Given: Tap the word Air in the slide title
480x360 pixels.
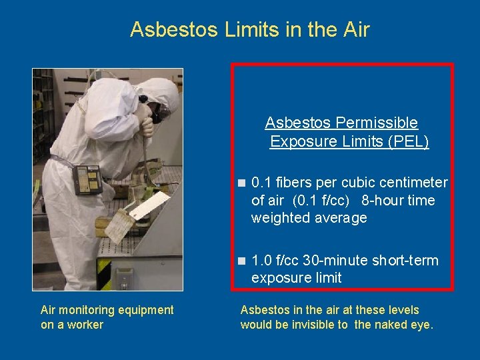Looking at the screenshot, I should (355, 30).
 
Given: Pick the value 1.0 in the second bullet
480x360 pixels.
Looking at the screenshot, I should (262, 261).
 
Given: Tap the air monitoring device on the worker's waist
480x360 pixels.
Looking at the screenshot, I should (87, 179).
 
